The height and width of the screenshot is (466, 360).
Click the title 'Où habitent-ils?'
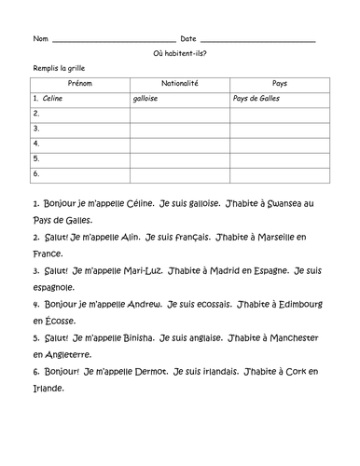[x=180, y=53]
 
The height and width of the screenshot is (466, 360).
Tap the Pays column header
[x=279, y=83]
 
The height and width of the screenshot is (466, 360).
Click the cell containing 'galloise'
[x=147, y=97]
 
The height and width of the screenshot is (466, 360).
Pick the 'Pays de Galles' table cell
[x=256, y=97]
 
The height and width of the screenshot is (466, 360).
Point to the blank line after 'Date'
[x=258, y=40]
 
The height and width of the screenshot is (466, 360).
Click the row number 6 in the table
[x=35, y=173]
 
